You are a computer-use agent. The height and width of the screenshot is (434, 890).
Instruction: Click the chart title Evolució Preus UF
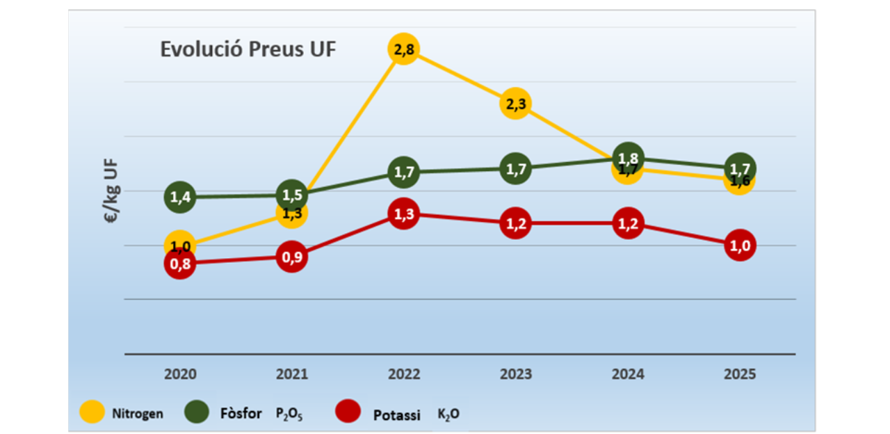coord(248,50)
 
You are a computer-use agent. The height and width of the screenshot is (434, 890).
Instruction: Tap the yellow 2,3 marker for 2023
coord(515,104)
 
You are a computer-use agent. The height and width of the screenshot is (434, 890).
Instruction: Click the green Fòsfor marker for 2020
coord(180,198)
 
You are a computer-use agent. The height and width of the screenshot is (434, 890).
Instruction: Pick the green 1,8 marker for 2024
coord(628,157)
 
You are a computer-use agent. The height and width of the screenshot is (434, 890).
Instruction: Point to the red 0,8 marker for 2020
coord(180,264)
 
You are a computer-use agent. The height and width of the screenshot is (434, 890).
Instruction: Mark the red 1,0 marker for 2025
coord(740,245)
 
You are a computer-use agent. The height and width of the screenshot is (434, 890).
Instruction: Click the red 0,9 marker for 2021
coord(292,257)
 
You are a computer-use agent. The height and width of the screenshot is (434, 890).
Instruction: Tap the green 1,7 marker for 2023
coord(515,168)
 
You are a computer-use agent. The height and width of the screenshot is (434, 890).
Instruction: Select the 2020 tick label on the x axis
coord(180,374)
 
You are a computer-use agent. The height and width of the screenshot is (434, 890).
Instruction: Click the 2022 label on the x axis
coord(403,374)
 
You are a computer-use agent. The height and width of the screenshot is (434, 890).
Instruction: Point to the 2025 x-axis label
coord(740,374)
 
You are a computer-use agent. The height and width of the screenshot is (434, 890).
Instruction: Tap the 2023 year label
coord(515,374)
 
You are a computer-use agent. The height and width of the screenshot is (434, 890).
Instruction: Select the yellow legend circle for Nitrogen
coord(92,411)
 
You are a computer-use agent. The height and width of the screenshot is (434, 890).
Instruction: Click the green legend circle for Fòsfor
coord(197,411)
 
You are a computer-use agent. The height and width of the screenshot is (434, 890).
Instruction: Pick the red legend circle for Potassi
coord(348,411)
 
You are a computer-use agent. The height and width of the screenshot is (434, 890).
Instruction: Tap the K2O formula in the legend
coord(448,415)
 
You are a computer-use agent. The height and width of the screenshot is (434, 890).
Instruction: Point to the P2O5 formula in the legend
coord(289,415)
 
